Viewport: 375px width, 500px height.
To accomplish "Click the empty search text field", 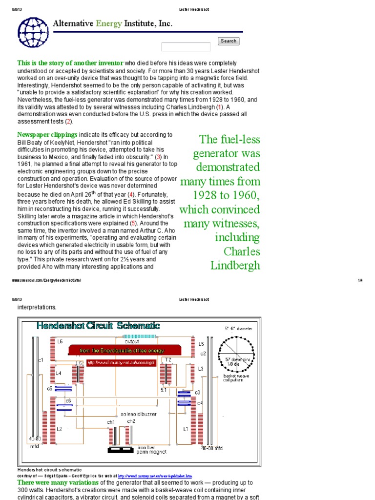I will pos(186,47).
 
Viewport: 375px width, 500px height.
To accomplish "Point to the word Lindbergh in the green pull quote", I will pos(235,265).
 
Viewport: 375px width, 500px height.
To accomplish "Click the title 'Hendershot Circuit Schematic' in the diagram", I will pos(98,326).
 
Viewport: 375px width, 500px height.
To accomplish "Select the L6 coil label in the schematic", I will pos(60,341).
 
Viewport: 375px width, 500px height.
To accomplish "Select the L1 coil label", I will pos(186,429).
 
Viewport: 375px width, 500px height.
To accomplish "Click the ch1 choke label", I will pos(111,421).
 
